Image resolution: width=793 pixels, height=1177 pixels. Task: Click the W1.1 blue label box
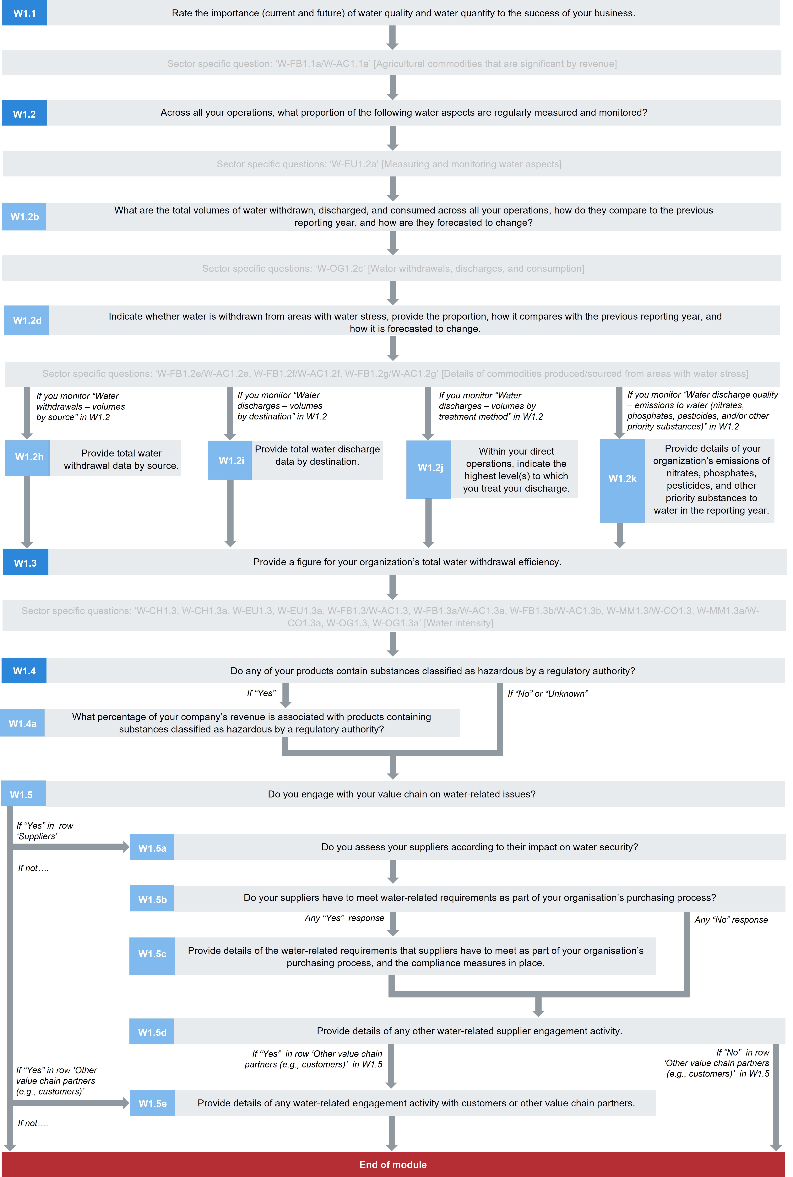(x=24, y=13)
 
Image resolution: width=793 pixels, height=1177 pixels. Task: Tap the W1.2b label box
(x=24, y=216)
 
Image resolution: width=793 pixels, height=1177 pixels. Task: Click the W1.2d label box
(x=27, y=320)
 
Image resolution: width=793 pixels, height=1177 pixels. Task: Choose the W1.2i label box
(x=231, y=460)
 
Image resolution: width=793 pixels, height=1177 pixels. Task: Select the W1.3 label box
(x=25, y=563)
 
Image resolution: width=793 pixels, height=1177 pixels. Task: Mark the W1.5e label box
(x=152, y=1103)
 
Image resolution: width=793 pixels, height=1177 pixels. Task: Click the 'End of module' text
(x=393, y=1164)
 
